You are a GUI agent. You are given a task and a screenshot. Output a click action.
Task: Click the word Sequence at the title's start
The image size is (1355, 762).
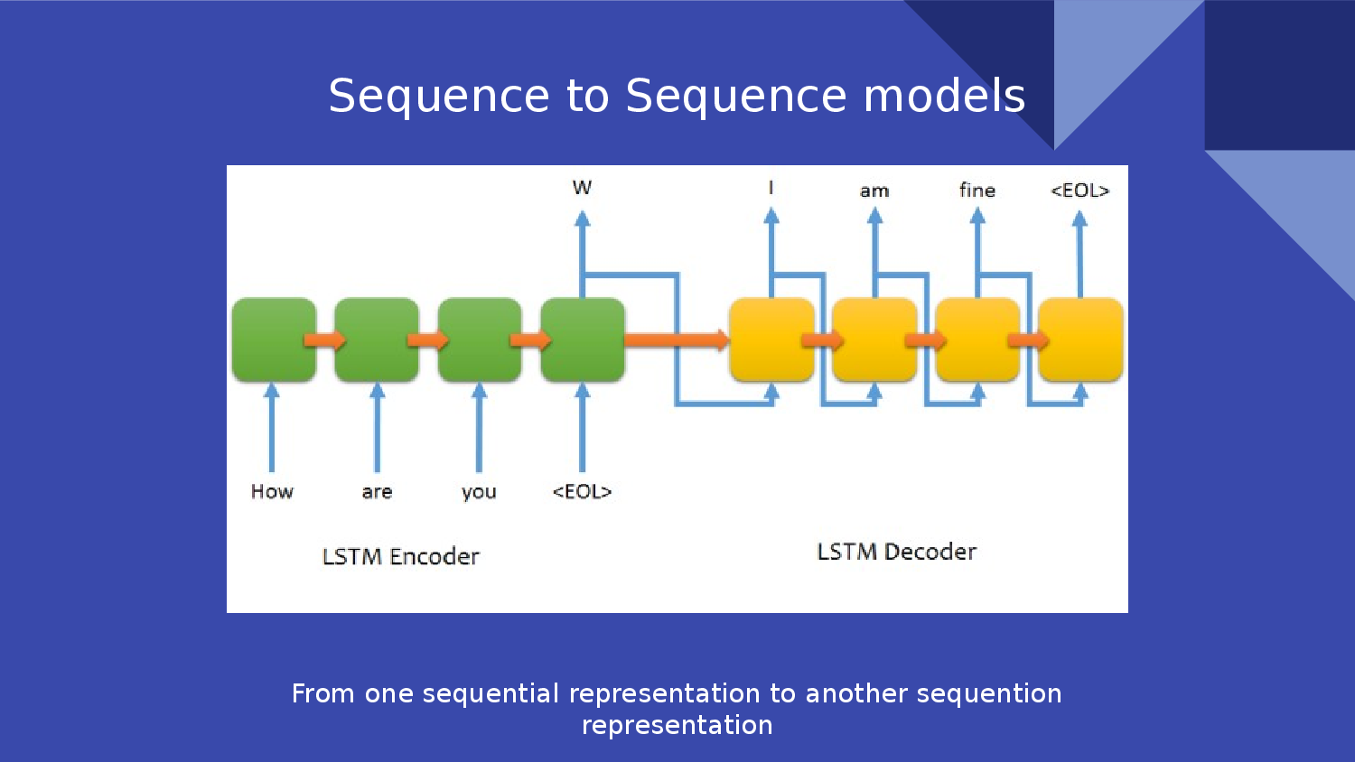(x=438, y=96)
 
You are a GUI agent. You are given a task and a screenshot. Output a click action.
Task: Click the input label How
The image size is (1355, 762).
(x=272, y=491)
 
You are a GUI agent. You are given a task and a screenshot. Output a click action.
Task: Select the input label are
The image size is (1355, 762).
(x=377, y=492)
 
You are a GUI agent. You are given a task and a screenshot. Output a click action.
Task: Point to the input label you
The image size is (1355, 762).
(x=479, y=492)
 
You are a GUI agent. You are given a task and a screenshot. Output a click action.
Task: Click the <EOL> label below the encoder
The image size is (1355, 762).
(x=582, y=491)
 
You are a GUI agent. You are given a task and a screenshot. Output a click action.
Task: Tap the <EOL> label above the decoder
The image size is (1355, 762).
(x=1079, y=190)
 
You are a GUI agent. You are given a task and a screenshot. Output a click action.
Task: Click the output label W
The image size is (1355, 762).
(x=582, y=188)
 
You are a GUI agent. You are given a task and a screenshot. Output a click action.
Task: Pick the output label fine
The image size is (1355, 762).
(x=977, y=190)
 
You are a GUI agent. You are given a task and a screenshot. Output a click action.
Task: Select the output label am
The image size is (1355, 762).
(x=874, y=191)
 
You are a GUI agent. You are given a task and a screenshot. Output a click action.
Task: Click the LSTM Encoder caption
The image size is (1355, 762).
(x=400, y=556)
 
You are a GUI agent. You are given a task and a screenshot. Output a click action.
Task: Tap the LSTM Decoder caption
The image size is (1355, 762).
(x=896, y=552)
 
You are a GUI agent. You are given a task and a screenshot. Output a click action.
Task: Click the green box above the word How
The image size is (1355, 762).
(x=274, y=339)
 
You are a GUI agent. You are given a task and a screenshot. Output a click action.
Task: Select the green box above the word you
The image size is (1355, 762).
(x=479, y=339)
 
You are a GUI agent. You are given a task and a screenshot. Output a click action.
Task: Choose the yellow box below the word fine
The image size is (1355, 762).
(x=977, y=339)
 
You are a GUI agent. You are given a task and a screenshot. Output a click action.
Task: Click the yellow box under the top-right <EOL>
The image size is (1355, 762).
(x=1080, y=339)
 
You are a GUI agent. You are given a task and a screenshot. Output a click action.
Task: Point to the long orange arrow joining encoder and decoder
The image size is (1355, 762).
(x=676, y=339)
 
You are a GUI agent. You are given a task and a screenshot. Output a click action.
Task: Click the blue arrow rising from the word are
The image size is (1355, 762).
(x=377, y=429)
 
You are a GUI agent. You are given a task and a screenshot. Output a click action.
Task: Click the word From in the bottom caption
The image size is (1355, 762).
(x=322, y=693)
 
